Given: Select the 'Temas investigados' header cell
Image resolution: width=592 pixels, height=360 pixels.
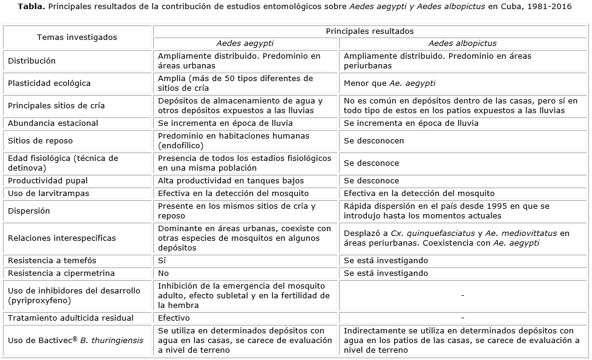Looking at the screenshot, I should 77,37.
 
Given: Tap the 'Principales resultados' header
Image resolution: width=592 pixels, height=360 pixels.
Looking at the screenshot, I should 370,31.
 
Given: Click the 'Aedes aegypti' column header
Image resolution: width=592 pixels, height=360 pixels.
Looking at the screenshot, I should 245,44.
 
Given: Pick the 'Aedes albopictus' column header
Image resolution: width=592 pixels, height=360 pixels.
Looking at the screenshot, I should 462,44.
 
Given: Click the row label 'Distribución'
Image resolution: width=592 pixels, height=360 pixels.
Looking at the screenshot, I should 31,61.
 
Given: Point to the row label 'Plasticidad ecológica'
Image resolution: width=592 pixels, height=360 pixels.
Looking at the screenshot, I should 49,83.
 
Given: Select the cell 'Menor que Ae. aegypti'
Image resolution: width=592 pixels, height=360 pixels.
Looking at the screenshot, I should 389,83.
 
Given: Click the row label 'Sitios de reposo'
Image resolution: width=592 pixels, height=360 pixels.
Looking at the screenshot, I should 40,140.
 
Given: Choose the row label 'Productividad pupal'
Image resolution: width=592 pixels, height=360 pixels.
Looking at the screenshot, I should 48,180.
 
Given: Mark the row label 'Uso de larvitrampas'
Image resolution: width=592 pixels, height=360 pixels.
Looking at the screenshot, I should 48,193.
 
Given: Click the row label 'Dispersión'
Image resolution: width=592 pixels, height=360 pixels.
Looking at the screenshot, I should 29,211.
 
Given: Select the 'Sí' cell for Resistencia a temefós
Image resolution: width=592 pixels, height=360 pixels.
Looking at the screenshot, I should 162,260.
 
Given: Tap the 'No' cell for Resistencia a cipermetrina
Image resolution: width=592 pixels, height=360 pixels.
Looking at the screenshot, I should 163,273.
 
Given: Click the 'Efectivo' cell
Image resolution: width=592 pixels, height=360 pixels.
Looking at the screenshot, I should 174,318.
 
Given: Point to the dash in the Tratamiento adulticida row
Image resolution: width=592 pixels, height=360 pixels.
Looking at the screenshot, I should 462,318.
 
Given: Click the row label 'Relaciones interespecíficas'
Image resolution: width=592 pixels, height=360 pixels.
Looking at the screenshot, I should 62,238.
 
